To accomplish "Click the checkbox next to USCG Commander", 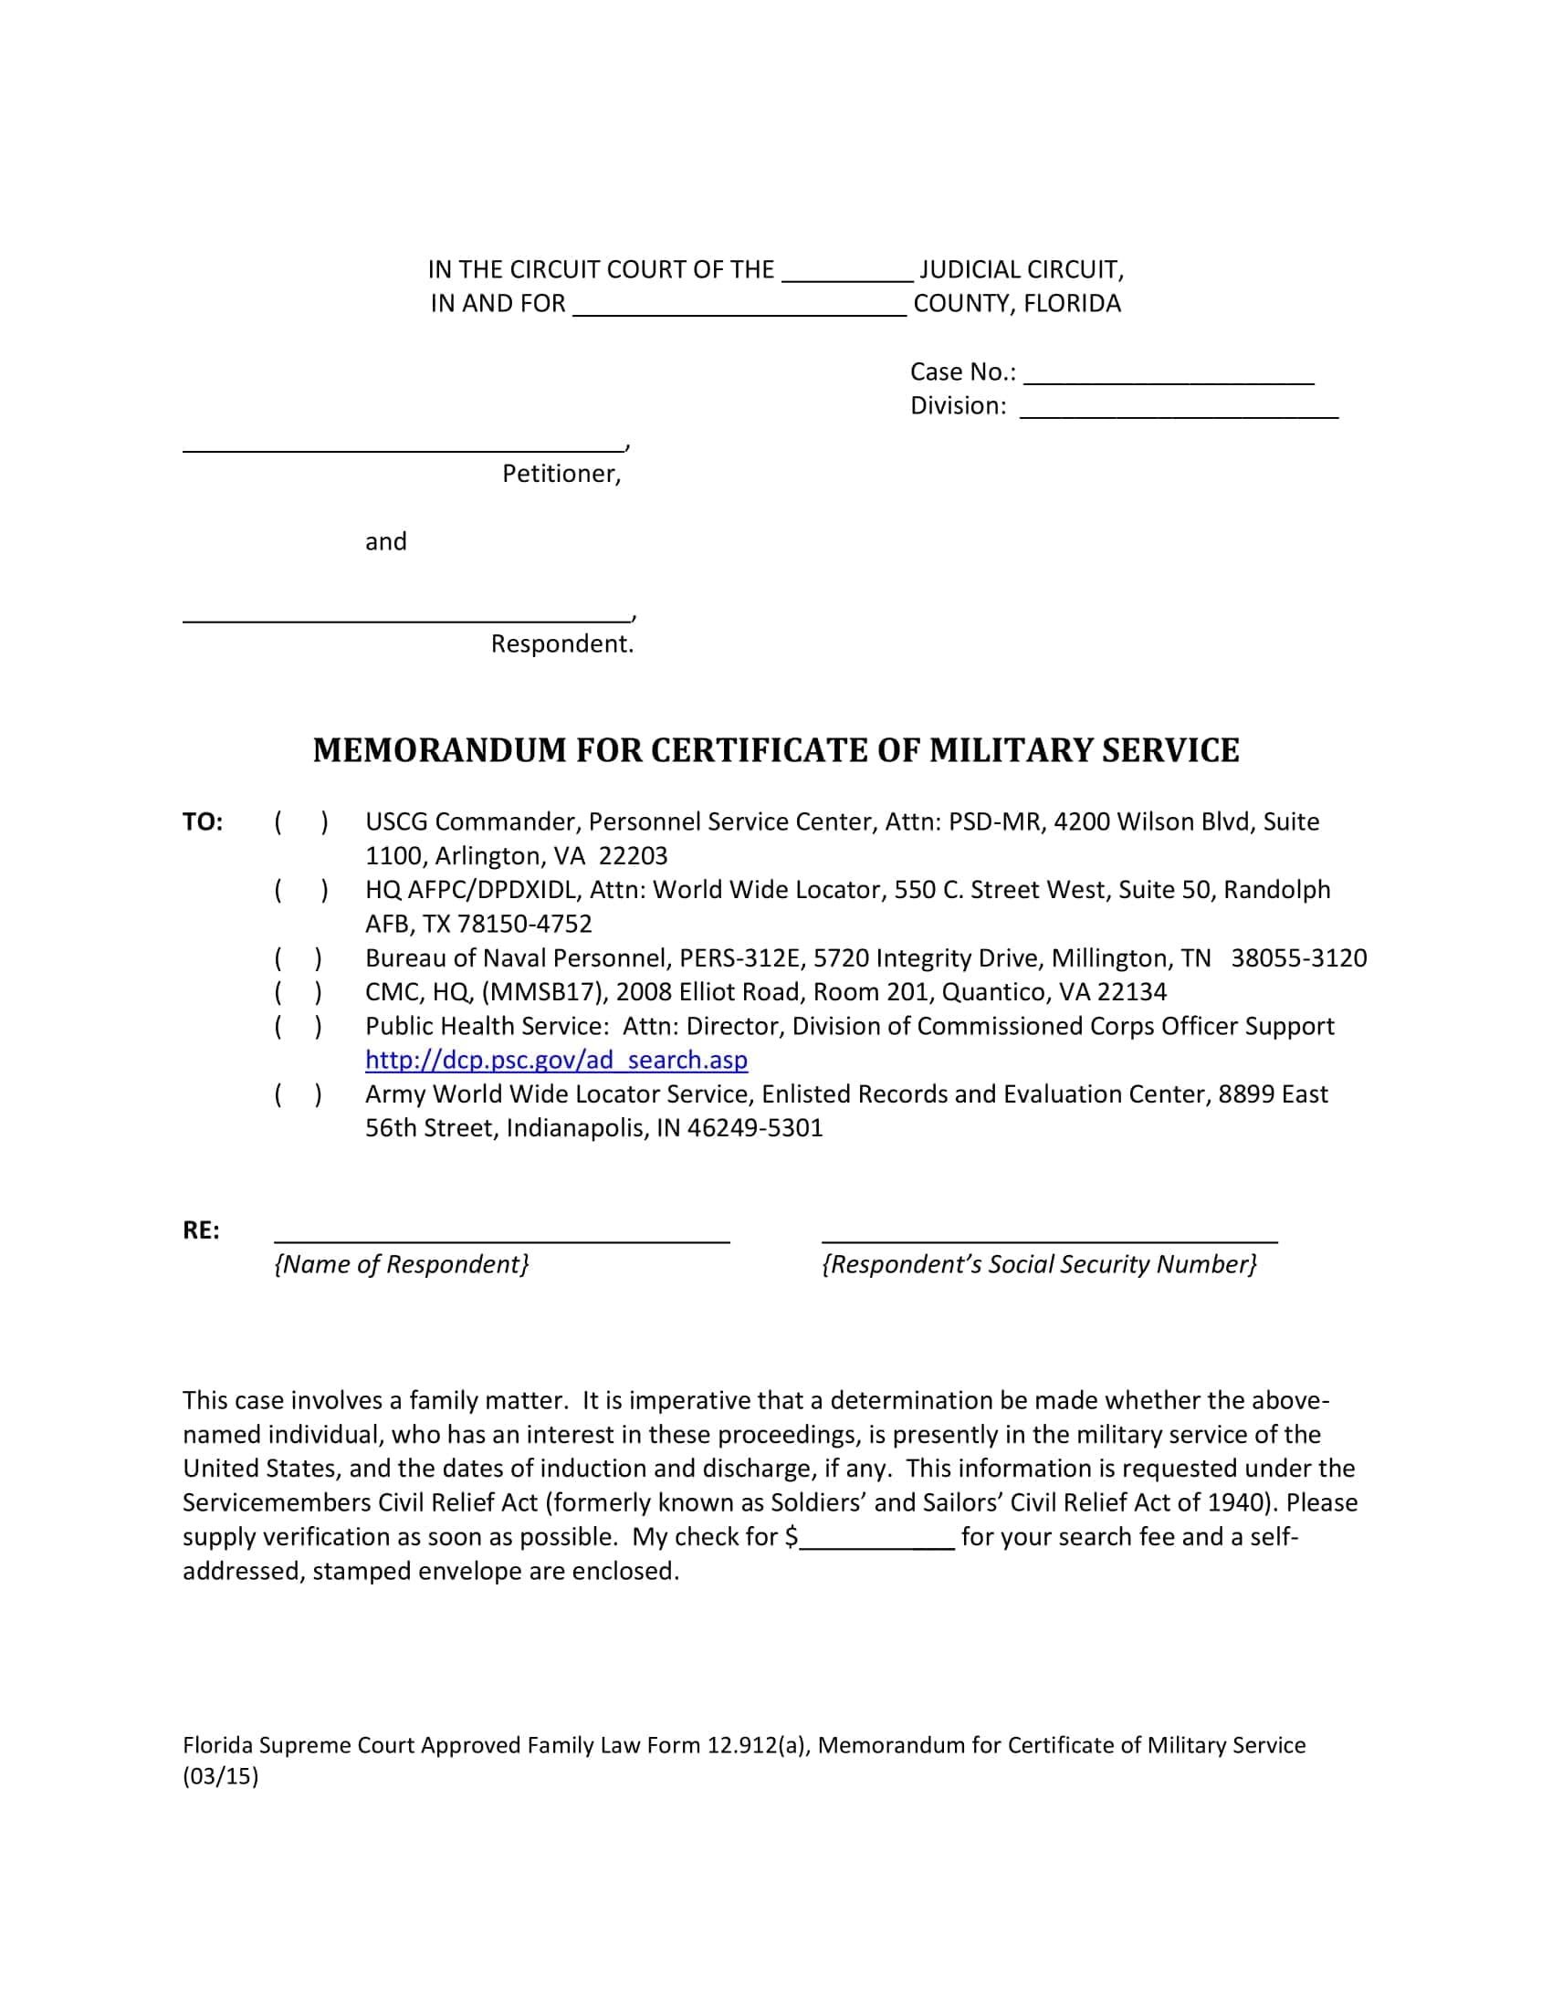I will [x=300, y=821].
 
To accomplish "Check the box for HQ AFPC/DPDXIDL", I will [x=300, y=889].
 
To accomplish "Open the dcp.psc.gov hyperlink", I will [x=556, y=1060].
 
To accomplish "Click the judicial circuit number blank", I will [x=847, y=273].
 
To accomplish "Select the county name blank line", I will [x=739, y=307].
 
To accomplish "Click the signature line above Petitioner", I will [x=403, y=444].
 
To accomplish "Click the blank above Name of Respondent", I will [x=501, y=1234].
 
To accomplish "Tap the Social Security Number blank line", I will [x=1049, y=1234].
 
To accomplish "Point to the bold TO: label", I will [x=203, y=822].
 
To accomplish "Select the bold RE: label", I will [x=202, y=1230].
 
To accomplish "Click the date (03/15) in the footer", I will [x=221, y=1775].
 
